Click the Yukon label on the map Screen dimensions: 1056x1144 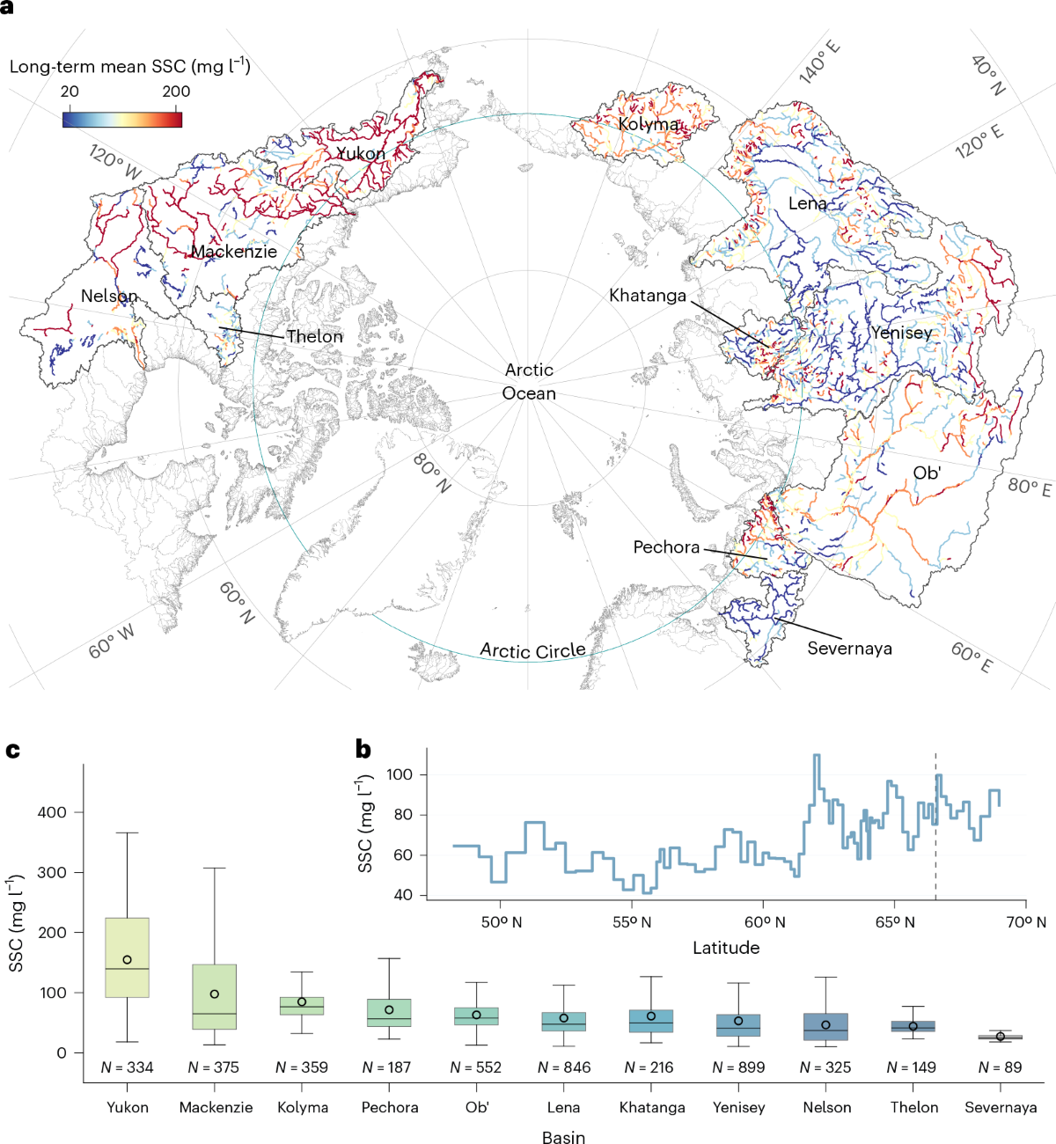point(361,154)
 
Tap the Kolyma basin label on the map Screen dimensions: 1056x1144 point(648,124)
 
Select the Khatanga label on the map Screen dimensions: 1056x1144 point(648,296)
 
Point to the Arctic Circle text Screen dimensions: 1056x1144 point(533,650)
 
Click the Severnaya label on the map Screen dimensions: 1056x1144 point(849,648)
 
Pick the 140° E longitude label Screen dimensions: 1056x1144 point(819,62)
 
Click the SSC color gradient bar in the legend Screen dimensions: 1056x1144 point(122,119)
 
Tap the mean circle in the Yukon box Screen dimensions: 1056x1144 point(128,960)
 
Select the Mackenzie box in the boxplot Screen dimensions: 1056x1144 point(215,997)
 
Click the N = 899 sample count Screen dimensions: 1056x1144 point(738,1067)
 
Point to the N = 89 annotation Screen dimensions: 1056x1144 point(1000,1067)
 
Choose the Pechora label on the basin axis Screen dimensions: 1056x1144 point(390,1107)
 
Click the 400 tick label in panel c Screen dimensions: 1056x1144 point(52,812)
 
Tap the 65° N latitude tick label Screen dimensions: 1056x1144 point(895,922)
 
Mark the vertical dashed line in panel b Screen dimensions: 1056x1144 point(935,826)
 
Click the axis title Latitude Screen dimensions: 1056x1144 point(726,948)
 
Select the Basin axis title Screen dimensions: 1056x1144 point(563,1136)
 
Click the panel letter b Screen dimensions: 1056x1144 point(363,750)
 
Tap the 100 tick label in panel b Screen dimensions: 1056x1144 point(400,774)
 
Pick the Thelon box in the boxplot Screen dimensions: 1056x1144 point(913,1026)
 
